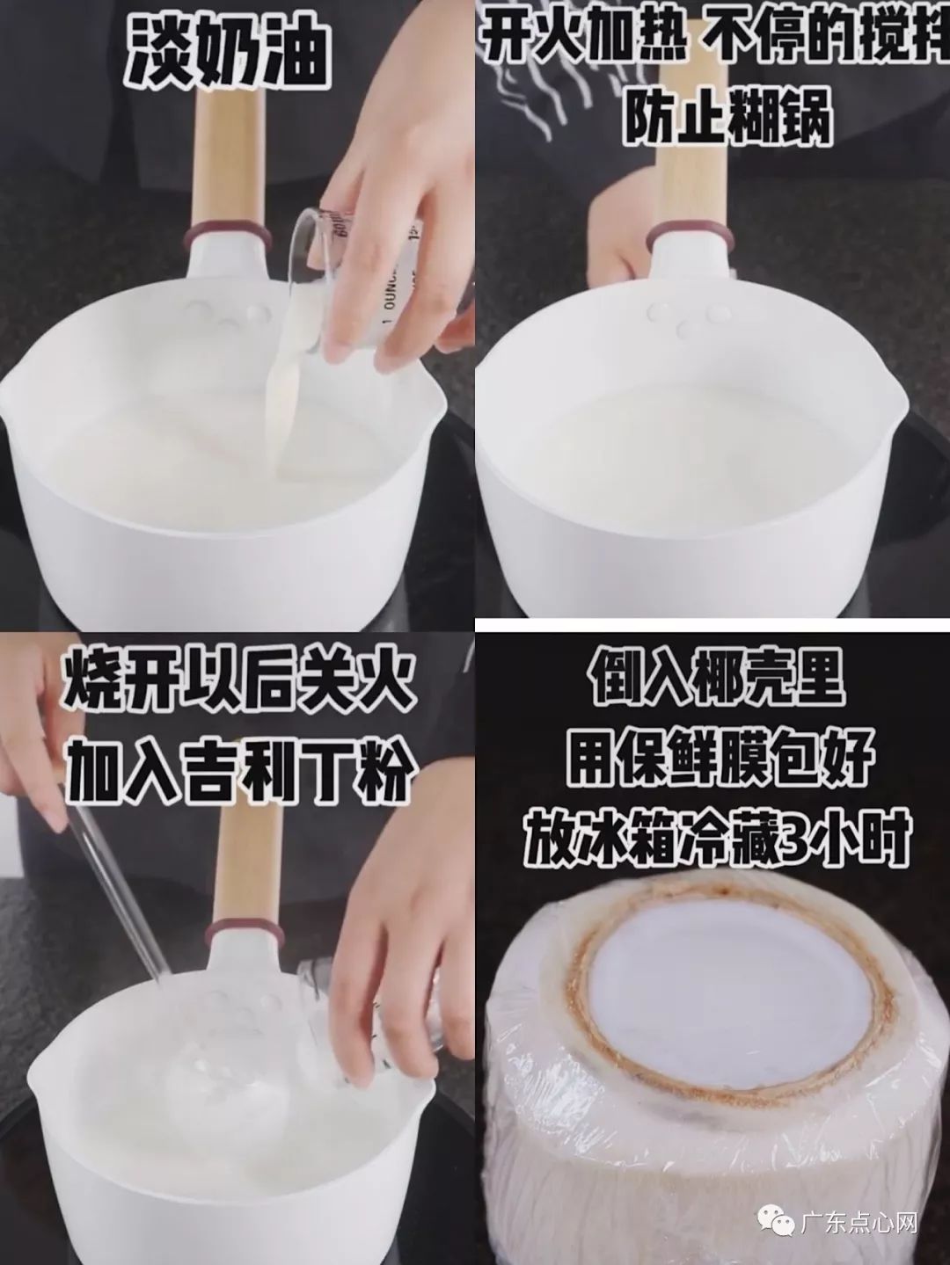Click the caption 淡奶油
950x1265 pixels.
pos(227,52)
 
